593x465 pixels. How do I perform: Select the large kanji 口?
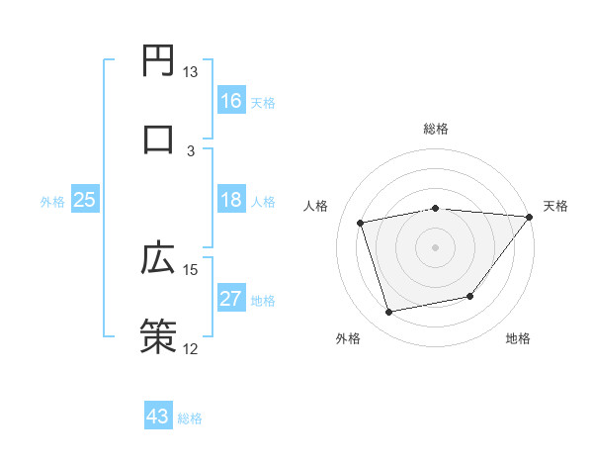[158, 138]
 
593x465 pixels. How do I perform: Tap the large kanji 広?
[158, 258]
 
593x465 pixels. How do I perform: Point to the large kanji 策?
[158, 334]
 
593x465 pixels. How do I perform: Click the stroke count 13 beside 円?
[191, 72]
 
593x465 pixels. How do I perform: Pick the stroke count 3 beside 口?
[191, 149]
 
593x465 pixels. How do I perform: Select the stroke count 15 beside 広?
[191, 269]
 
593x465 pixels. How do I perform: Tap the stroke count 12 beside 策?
[191, 347]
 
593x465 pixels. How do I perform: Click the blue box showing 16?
[231, 100]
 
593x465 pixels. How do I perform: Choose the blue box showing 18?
[231, 200]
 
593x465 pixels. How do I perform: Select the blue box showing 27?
[231, 299]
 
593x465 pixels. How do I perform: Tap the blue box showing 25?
[85, 200]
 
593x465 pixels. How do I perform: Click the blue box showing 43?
[158, 417]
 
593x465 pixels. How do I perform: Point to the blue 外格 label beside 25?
[52, 202]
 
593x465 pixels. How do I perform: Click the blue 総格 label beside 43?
[190, 418]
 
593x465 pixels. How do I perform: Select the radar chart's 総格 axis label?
[436, 129]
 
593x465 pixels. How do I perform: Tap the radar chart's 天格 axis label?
[555, 206]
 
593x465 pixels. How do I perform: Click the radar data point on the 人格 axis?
[361, 222]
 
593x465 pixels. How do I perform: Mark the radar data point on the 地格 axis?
[471, 296]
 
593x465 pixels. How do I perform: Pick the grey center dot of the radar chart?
[436, 246]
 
